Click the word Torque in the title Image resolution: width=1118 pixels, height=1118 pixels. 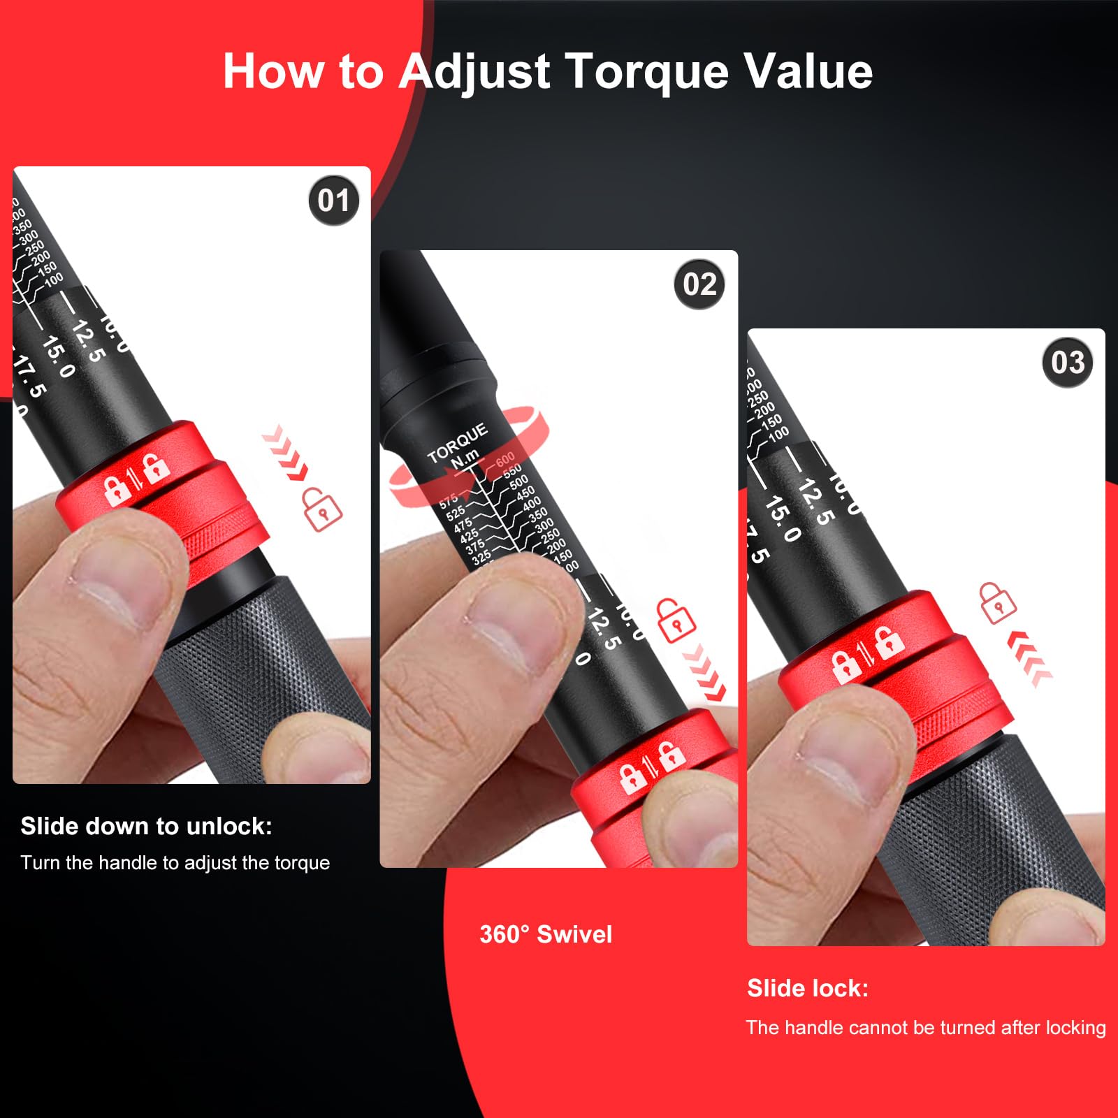tap(646, 71)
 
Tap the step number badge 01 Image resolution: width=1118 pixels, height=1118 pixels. tap(333, 201)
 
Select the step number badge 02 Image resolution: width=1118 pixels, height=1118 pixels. tap(699, 284)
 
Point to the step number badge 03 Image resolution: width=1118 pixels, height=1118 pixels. tap(1067, 363)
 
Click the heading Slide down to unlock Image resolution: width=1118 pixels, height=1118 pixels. tap(146, 827)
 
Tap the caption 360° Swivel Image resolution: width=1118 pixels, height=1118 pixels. tap(545, 934)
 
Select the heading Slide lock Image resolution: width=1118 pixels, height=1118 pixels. tap(807, 988)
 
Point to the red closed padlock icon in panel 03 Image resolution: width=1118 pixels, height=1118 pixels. tap(996, 602)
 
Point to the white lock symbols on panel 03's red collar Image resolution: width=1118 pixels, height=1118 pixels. tap(867, 655)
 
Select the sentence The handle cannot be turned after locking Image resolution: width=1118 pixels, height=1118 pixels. tap(925, 1027)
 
